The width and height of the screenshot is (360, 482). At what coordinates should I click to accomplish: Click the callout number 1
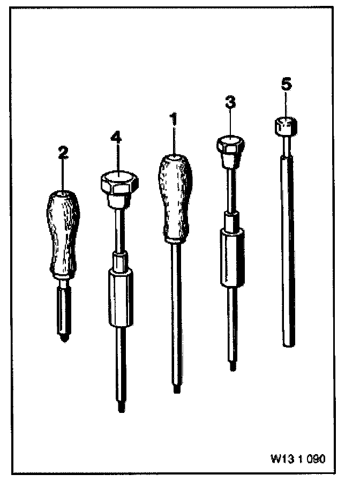pos(173,119)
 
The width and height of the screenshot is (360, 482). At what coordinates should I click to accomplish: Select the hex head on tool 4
pos(118,184)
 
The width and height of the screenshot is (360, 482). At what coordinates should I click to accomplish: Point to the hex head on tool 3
pos(231,144)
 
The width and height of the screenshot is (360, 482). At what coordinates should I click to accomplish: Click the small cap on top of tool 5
pos(285,126)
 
